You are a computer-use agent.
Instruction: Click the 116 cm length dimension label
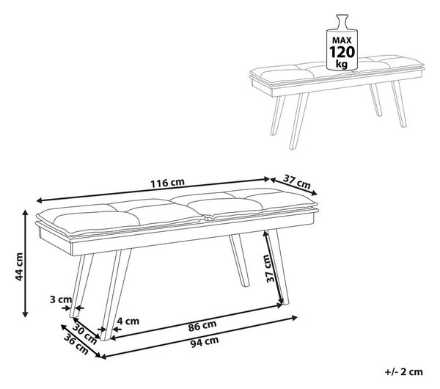(x=167, y=183)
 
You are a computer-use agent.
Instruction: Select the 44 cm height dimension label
(x=19, y=266)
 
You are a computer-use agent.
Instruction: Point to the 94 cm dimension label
(x=205, y=342)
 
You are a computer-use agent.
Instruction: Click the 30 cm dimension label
(x=85, y=334)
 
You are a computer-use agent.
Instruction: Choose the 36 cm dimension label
(x=76, y=344)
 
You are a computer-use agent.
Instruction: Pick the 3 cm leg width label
(x=61, y=299)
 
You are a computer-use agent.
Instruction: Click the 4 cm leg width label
(x=128, y=321)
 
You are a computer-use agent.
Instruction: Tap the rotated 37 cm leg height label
(x=270, y=269)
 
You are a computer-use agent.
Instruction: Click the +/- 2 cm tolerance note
(x=404, y=372)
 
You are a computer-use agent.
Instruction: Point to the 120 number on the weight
(x=342, y=52)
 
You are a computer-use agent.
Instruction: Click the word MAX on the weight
(x=342, y=40)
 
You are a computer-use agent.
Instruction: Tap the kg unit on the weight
(x=342, y=65)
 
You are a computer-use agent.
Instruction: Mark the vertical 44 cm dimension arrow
(x=25, y=263)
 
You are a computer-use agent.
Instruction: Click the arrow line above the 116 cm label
(x=153, y=189)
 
